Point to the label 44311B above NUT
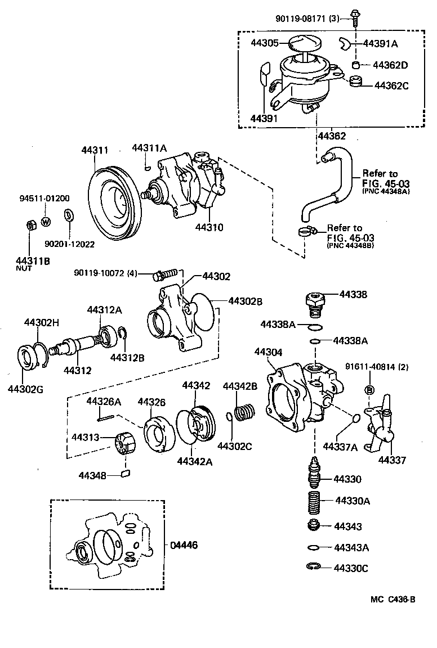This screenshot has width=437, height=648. (x=32, y=260)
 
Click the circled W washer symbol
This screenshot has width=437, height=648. (x=46, y=221)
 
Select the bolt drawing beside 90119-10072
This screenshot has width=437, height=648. (x=165, y=275)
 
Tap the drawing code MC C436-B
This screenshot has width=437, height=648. (x=393, y=599)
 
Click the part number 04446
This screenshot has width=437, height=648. (x=184, y=545)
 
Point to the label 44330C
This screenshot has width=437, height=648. (x=351, y=568)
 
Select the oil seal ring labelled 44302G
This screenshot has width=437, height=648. (x=26, y=359)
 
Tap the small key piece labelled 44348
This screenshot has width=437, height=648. (x=127, y=474)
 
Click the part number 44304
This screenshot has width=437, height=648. (x=268, y=352)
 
